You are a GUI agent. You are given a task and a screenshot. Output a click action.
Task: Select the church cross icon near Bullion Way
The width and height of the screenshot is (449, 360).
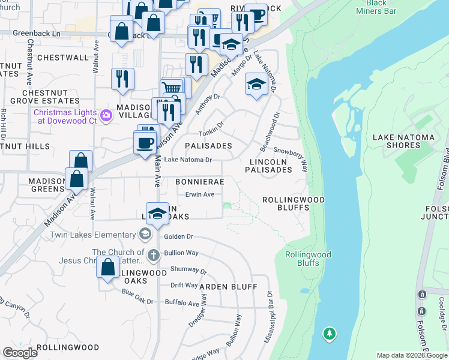(x=153, y=254)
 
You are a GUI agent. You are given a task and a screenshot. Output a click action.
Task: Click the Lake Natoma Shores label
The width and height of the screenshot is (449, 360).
(x=403, y=142)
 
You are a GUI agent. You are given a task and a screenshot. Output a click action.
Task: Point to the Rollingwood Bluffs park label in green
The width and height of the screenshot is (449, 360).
(x=307, y=259)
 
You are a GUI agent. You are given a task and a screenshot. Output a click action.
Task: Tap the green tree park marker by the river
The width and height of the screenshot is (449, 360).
(x=329, y=334)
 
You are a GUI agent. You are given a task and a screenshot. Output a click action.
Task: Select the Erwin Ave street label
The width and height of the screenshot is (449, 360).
(x=200, y=194)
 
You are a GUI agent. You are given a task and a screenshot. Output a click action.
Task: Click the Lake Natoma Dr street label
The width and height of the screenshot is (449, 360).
(x=188, y=160)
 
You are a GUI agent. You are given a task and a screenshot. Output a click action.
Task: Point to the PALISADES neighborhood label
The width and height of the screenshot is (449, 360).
(x=208, y=146)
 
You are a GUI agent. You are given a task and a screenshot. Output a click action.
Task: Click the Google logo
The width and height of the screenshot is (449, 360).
(x=20, y=353)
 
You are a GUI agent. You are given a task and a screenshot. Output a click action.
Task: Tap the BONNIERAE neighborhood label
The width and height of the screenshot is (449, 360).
(x=200, y=181)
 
